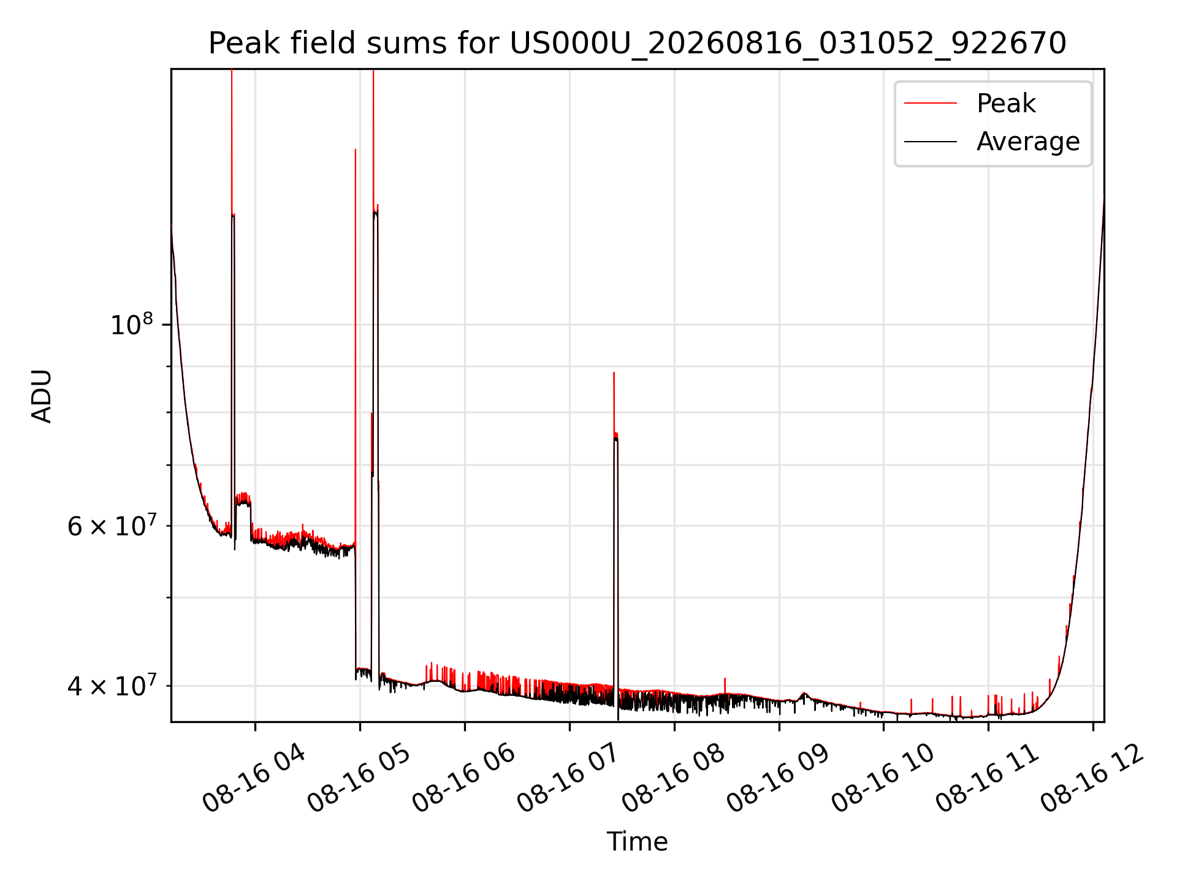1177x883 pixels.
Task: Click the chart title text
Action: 638,44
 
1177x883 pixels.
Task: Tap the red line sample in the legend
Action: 931,103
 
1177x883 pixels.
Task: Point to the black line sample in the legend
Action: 931,142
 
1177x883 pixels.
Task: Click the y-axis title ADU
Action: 42,396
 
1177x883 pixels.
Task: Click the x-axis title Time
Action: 638,841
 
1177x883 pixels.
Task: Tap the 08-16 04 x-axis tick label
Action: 253,778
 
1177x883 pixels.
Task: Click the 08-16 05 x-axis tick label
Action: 358,778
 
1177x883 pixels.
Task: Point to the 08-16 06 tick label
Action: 463,778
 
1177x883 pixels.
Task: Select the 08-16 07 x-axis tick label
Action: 568,778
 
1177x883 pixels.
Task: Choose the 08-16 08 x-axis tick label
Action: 672,778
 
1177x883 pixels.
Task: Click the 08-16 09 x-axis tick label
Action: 777,778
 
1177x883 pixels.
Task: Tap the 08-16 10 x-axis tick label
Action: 882,778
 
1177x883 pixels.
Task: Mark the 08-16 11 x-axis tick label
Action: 987,778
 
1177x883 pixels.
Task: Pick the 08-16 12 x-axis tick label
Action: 1092,778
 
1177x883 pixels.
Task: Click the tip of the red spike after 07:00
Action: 614,372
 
